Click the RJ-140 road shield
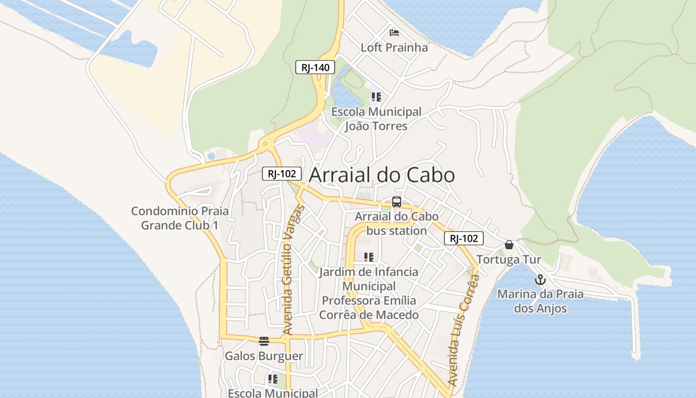(x=315, y=68)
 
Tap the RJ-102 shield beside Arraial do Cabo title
(x=282, y=174)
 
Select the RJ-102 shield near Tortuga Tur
(x=464, y=238)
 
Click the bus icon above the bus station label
(x=396, y=202)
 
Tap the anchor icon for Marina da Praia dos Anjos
(x=540, y=280)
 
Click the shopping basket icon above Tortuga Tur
(x=509, y=245)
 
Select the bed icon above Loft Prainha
(x=394, y=33)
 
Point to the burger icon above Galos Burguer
(x=264, y=341)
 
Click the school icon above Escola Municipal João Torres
(x=376, y=97)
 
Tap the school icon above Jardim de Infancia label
(x=368, y=257)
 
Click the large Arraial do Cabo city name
(x=382, y=175)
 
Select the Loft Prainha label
(x=394, y=48)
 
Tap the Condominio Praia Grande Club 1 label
(x=180, y=218)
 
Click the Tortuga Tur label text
(x=509, y=260)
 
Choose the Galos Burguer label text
(x=264, y=356)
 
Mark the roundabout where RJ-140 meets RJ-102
(x=265, y=144)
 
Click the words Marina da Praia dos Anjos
(x=540, y=301)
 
